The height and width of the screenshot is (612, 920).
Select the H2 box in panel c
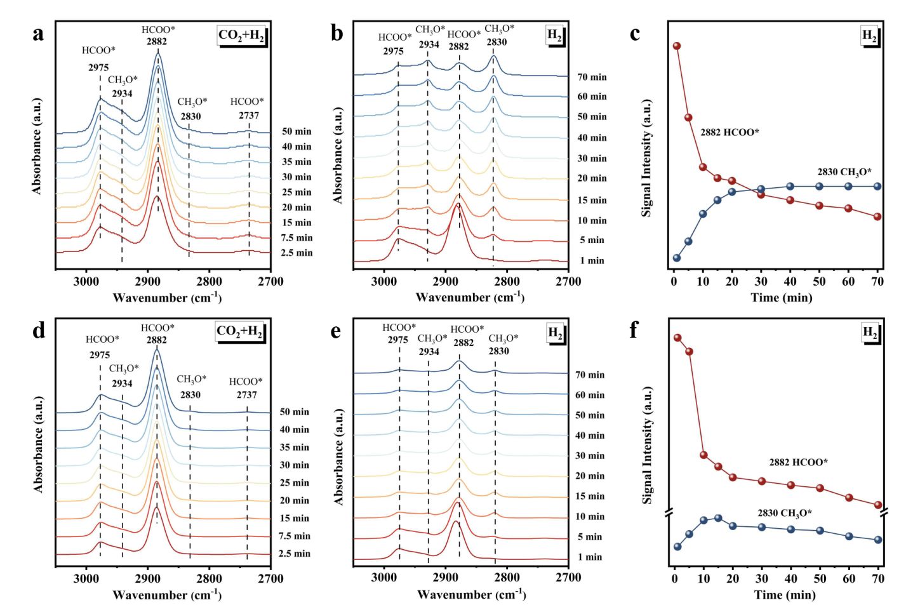(869, 36)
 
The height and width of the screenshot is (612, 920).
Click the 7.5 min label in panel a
(297, 238)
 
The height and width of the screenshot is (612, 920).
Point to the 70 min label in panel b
(592, 77)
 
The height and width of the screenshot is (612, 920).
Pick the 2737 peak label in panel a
(249, 116)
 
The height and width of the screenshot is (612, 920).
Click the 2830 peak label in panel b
(497, 42)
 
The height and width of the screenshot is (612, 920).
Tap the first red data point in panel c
(677, 46)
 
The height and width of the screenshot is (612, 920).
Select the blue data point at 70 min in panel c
(877, 187)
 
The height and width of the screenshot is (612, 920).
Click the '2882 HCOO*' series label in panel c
(730, 132)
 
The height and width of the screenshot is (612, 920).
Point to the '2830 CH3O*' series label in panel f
(785, 513)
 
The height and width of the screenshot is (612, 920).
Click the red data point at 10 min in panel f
(703, 455)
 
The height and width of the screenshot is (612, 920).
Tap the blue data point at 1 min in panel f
(677, 547)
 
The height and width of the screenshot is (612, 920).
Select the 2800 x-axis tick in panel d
(210, 579)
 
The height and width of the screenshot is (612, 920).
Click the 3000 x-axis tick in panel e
(384, 578)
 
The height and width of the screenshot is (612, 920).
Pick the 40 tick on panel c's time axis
(790, 282)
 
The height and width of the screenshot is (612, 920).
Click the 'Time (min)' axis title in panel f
(785, 595)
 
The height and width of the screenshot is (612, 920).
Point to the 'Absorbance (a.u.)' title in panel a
(37, 146)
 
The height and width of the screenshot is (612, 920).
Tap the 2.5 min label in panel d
(295, 554)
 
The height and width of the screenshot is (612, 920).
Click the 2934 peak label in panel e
(429, 352)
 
